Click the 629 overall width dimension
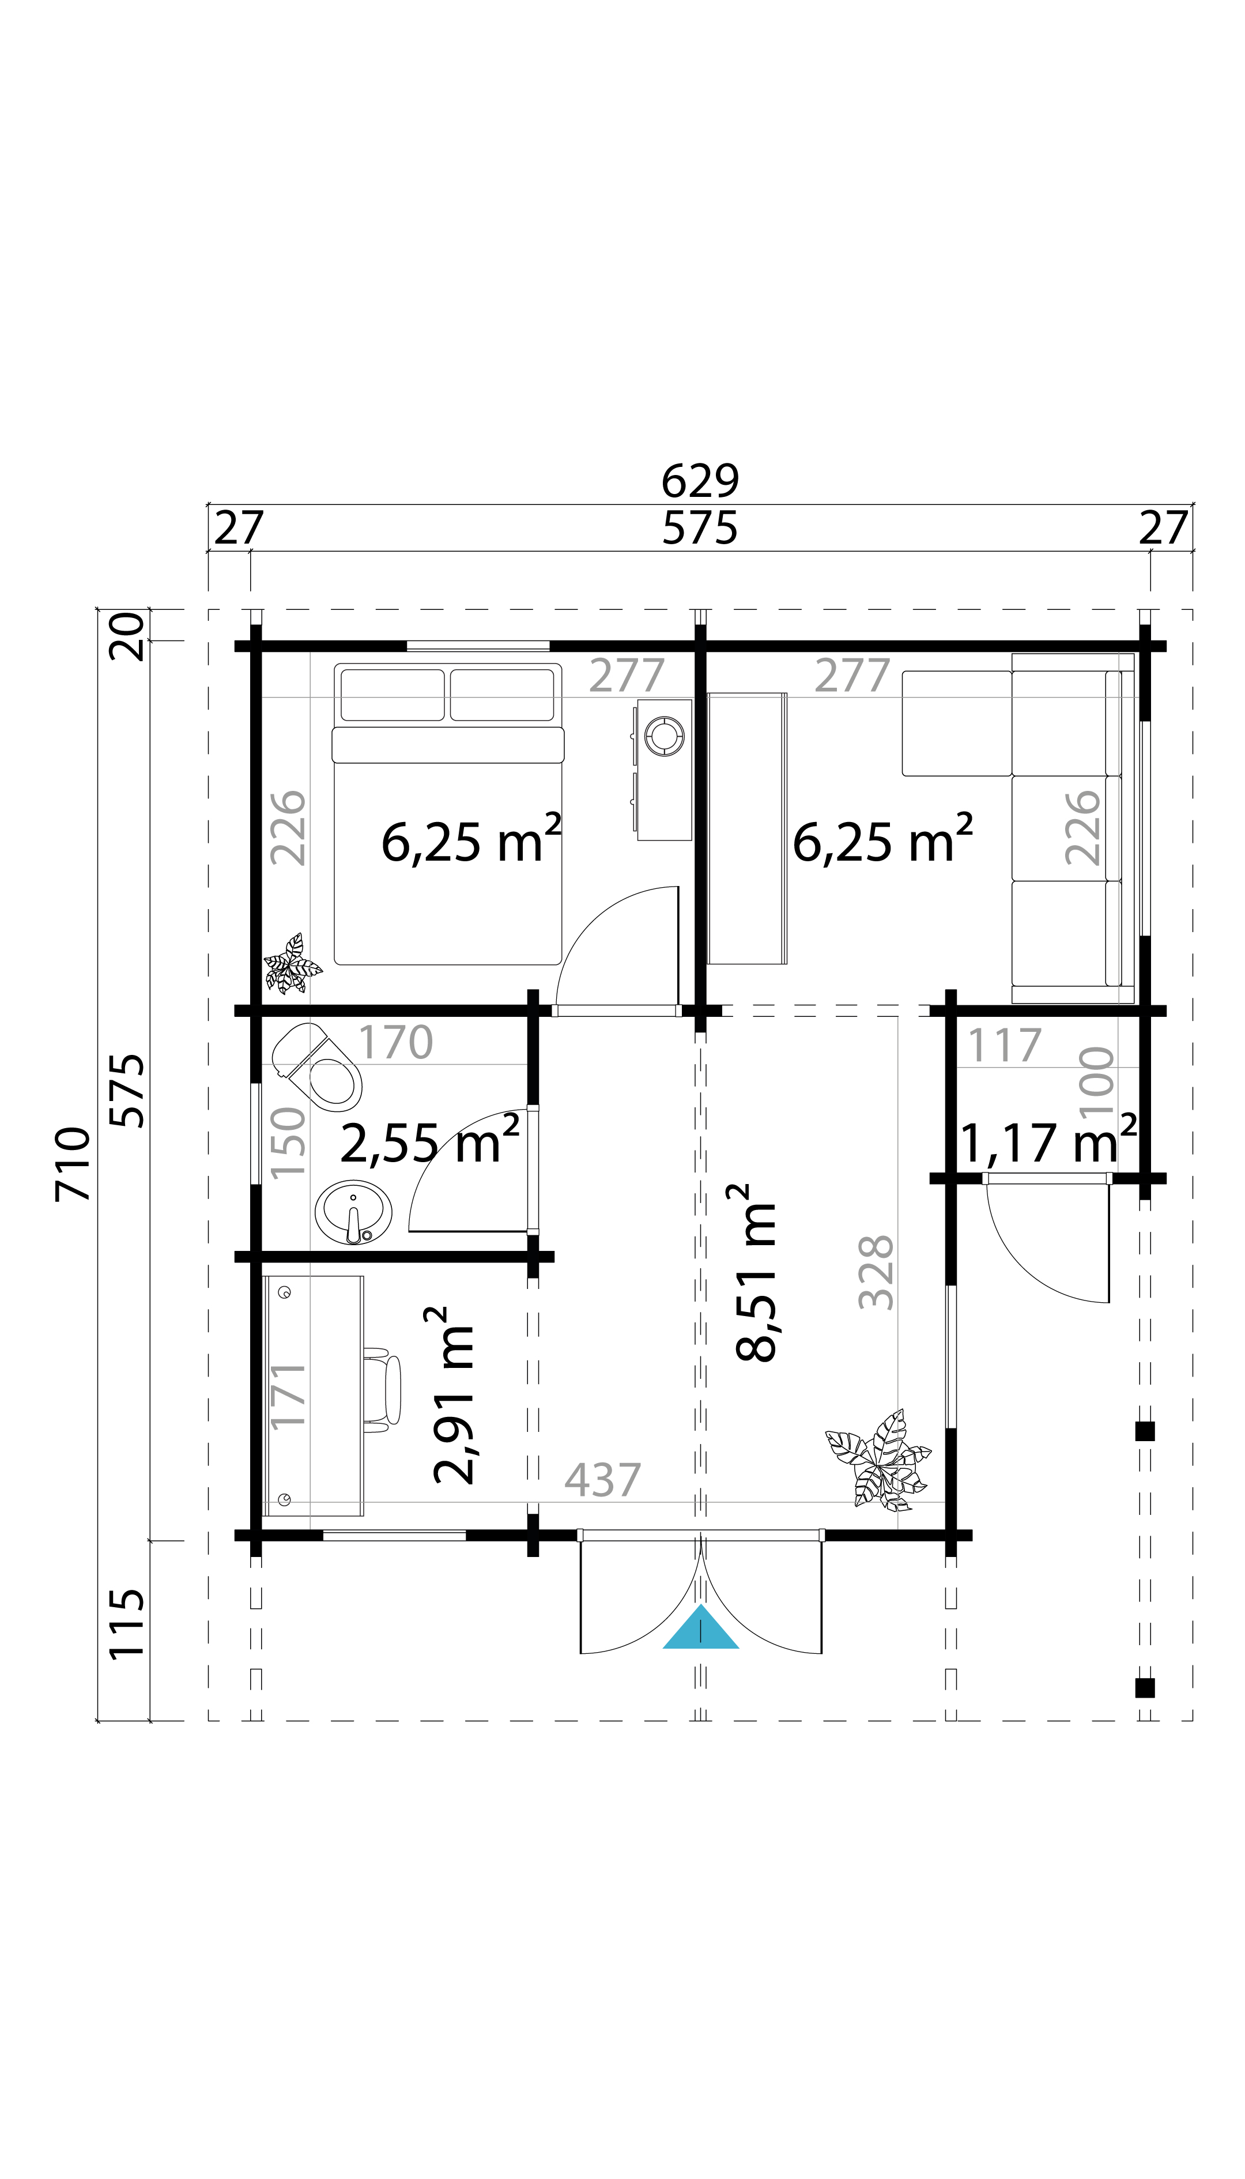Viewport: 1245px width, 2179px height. pyautogui.click(x=700, y=481)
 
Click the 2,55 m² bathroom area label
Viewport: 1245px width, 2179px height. pyautogui.click(x=429, y=1141)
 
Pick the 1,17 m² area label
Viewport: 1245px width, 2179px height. pyautogui.click(x=1048, y=1141)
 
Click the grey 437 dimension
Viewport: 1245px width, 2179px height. pyautogui.click(x=603, y=1479)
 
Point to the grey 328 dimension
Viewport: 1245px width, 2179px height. pyautogui.click(x=876, y=1272)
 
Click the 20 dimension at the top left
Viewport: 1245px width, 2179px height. pyautogui.click(x=127, y=637)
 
